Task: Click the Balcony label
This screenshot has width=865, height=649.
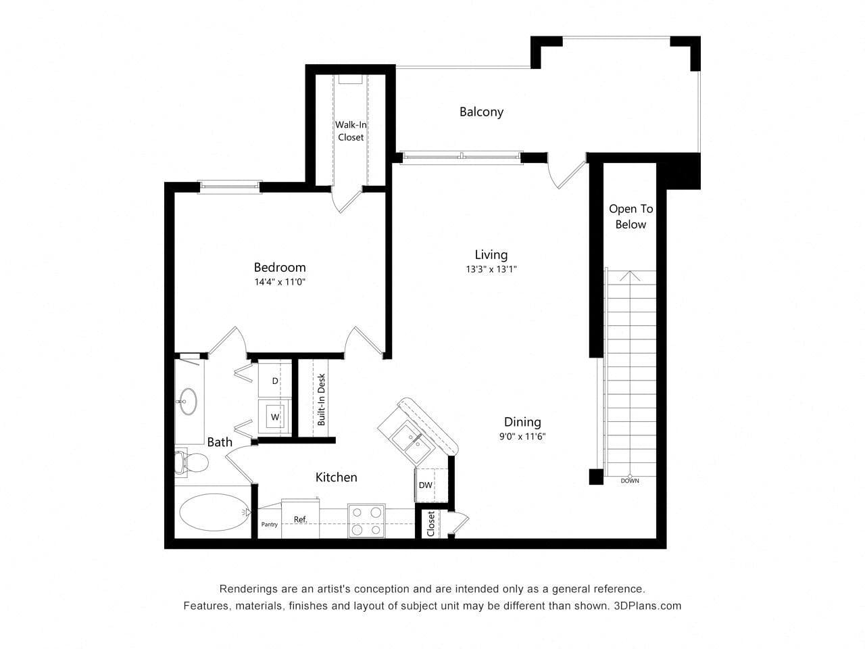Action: [x=481, y=112]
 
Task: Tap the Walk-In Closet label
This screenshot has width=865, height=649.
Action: [x=350, y=131]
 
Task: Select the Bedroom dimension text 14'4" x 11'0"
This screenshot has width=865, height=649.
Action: [x=280, y=283]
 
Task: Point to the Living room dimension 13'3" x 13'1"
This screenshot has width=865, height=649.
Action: [x=491, y=269]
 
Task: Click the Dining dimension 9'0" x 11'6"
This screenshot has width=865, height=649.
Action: [x=522, y=437]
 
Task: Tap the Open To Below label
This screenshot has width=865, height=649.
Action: [x=631, y=216]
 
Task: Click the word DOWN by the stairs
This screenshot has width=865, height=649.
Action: [x=629, y=481]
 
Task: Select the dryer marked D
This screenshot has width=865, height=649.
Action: [x=275, y=381]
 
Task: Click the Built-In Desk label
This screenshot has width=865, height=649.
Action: [x=322, y=400]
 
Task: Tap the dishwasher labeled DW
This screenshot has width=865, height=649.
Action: [x=425, y=485]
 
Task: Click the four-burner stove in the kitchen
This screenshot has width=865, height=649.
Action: [x=366, y=521]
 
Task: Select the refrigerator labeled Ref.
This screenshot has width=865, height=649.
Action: [x=300, y=519]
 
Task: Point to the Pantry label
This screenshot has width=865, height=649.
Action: [x=269, y=525]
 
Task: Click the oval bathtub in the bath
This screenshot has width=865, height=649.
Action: [x=213, y=512]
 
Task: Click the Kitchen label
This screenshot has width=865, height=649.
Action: [x=336, y=477]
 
